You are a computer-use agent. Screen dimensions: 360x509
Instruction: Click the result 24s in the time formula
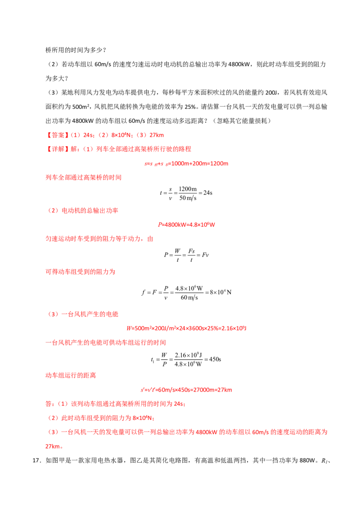click(208, 193)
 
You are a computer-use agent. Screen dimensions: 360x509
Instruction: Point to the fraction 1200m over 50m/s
click(188, 193)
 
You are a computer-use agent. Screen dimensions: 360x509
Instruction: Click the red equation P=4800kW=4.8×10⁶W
click(186, 225)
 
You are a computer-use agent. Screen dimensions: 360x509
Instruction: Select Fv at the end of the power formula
click(205, 255)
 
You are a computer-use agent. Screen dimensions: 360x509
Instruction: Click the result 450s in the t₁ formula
click(215, 359)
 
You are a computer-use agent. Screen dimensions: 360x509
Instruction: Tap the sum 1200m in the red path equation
click(219, 164)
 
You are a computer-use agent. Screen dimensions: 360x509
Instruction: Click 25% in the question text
click(190, 107)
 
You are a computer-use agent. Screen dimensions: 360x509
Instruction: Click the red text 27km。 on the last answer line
click(54, 446)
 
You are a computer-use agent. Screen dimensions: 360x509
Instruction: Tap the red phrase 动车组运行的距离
click(71, 375)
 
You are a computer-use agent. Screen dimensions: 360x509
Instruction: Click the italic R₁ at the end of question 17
click(324, 461)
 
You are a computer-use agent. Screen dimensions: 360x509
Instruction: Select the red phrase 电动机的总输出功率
click(90, 211)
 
